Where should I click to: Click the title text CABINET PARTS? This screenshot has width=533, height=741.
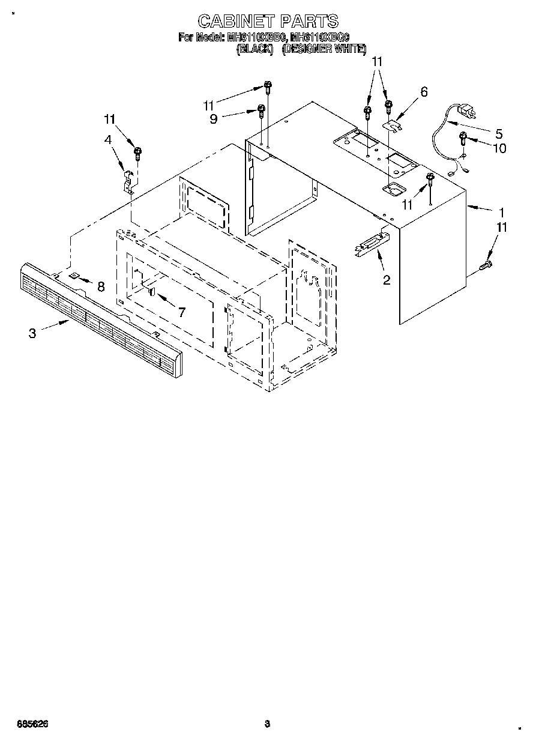tap(267, 22)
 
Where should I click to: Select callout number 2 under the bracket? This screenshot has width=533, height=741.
tap(387, 279)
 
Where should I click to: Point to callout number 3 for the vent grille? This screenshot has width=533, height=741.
tap(32, 333)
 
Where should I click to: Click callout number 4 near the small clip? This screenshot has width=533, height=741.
tap(108, 140)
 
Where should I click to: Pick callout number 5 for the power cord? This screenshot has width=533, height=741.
tap(499, 133)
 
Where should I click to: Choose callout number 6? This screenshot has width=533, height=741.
tap(424, 92)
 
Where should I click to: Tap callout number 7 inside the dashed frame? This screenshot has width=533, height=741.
tap(181, 312)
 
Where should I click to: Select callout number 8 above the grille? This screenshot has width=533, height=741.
tap(100, 286)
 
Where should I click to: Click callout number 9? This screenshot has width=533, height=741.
tap(213, 119)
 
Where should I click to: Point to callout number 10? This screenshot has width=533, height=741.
tap(499, 148)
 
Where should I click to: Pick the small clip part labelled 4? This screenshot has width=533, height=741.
tap(128, 180)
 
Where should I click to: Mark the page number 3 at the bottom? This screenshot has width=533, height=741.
tap(267, 724)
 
